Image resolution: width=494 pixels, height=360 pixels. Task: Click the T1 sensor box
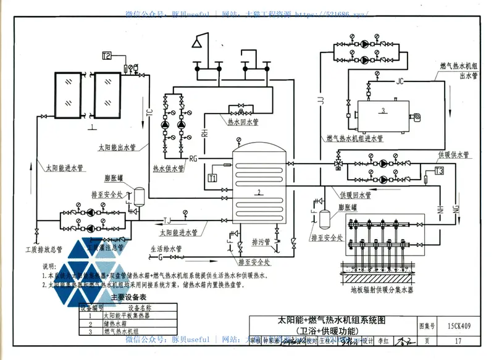point(212,178)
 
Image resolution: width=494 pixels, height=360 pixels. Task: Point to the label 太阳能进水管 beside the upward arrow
point(65,167)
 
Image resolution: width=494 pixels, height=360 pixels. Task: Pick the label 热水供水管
point(169,167)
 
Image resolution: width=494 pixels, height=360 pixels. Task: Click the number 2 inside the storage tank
point(259,192)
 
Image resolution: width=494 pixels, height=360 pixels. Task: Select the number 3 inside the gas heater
point(383,111)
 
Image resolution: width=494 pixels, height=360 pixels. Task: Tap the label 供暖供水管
point(453,154)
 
